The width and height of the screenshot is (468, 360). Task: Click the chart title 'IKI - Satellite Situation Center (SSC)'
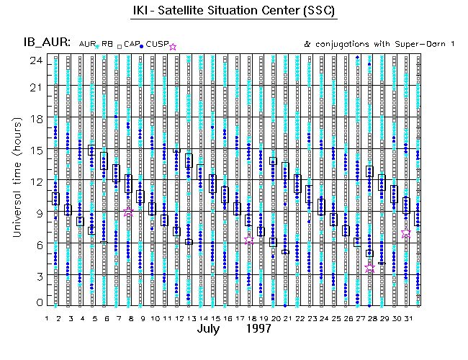234,12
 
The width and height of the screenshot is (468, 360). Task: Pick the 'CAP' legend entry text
131,45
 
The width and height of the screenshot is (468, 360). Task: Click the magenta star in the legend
172,47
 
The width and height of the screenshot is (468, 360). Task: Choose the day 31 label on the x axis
407,318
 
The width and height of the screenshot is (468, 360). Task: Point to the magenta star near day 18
249,240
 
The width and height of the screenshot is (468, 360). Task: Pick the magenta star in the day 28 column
370,268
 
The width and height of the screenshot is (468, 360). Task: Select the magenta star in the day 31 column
407,233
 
